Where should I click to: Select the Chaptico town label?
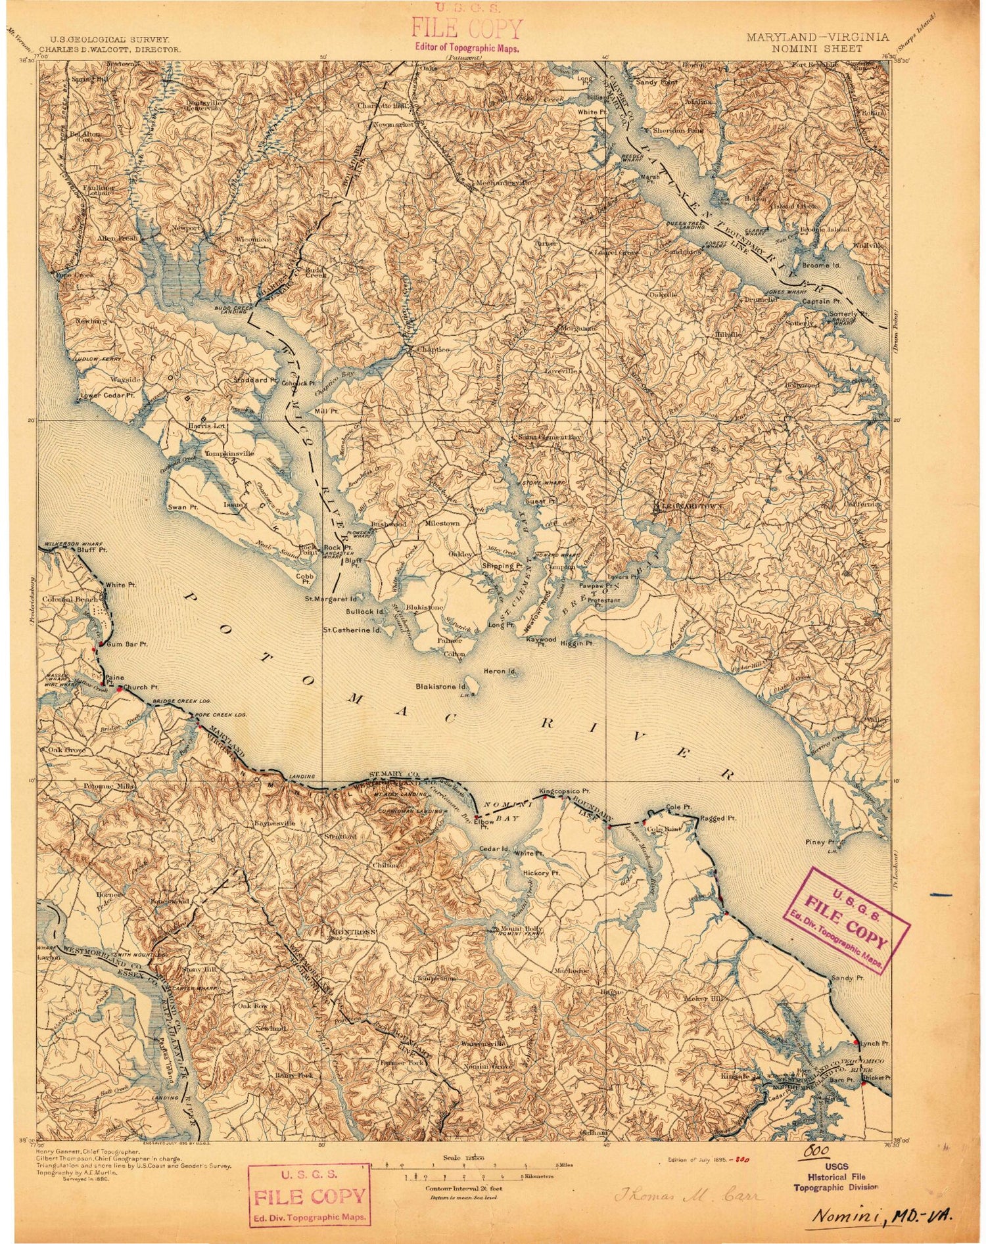point(433,350)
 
